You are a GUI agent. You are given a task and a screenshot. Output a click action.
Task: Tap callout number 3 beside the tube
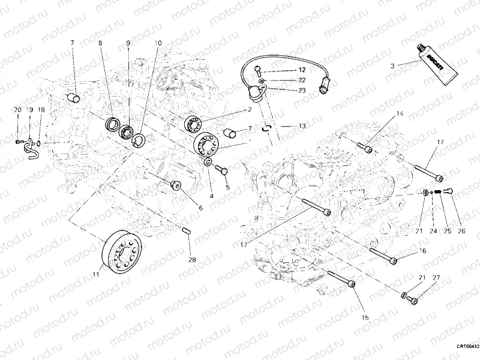point(392,66)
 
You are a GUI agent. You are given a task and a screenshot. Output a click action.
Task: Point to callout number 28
point(192,259)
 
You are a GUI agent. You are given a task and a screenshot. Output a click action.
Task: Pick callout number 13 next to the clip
point(301,126)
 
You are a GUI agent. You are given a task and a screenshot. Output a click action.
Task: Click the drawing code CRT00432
point(467,346)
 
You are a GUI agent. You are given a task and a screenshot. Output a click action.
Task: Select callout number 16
point(422,251)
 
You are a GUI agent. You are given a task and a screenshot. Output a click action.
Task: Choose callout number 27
point(437,277)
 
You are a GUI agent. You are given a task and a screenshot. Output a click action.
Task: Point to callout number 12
point(302,70)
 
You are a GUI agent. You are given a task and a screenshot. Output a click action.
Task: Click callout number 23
point(302,91)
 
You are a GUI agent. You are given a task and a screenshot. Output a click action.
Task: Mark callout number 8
point(100,43)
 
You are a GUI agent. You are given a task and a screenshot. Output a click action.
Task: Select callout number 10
point(158,43)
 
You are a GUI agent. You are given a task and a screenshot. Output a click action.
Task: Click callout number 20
point(17,110)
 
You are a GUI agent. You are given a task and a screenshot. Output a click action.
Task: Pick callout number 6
point(200,208)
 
